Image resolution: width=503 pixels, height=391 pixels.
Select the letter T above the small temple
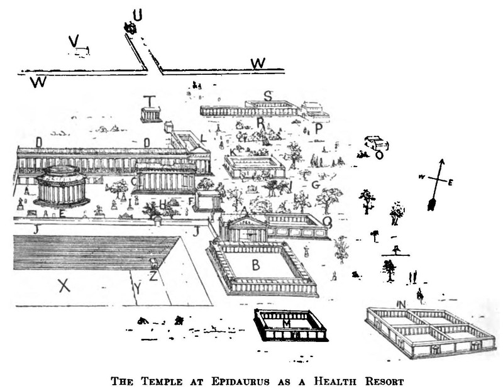coord(149,101)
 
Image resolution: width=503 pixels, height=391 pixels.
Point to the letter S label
coord(268,96)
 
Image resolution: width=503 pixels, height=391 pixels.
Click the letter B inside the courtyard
coord(256,265)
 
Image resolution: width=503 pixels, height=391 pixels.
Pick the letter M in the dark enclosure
coord(287,322)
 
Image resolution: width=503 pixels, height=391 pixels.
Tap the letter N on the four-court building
coord(401,305)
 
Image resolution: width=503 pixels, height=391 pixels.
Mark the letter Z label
coord(153,275)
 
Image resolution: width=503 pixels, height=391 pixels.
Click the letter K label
coord(233,153)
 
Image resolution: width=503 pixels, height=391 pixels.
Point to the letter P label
coord(319,128)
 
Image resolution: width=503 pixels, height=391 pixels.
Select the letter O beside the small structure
coord(379,155)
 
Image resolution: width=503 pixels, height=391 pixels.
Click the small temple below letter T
coord(150,115)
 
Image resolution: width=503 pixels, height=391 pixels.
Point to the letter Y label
coord(138,289)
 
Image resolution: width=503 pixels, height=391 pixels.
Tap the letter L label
coord(202,138)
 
